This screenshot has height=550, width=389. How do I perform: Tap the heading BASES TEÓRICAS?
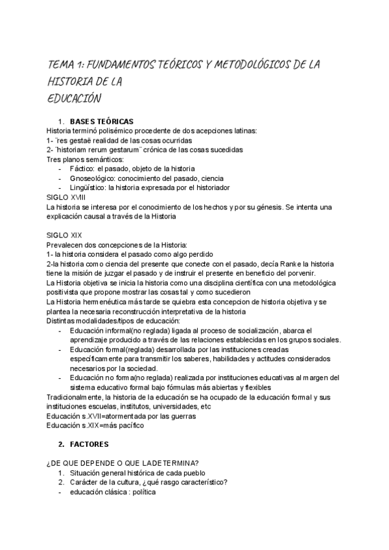[111, 122]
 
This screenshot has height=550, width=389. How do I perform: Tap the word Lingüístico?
[88, 188]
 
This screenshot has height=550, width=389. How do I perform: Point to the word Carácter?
[85, 482]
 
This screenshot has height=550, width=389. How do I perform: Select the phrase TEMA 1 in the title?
[64, 66]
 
